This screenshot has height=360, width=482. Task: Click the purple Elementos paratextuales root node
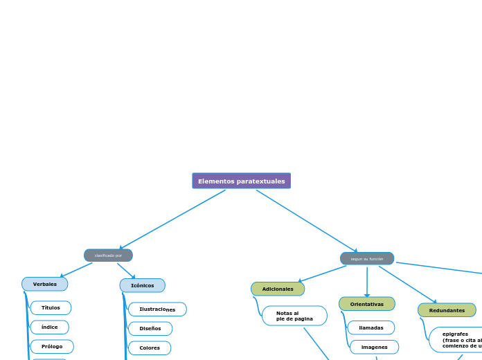pos(241,181)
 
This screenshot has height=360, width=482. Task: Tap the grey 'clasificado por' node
pos(108,255)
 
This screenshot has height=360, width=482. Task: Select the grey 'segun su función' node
pos(366,259)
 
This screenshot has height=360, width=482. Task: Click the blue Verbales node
pos(45,284)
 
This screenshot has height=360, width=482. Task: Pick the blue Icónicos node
pos(142,285)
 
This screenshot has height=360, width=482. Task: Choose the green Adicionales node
pos(278,289)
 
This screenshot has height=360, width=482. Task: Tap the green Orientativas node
pos(366,304)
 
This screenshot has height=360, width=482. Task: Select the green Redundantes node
pos(447,310)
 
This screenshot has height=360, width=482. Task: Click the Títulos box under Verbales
pos(51,308)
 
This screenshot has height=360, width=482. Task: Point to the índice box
pos(50,327)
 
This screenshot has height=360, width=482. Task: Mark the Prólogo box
pos(52,347)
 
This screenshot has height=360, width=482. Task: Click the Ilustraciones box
pos(157,309)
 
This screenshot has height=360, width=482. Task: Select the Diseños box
pos(150,329)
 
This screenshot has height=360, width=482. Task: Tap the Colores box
pos(150,348)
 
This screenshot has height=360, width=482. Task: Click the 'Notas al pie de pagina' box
pos(294,316)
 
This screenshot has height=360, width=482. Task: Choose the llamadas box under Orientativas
pos(371,328)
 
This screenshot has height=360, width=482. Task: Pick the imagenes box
pos(374,348)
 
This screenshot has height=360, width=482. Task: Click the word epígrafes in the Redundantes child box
pos(455,334)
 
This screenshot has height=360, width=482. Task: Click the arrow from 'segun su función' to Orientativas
pos(367,281)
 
